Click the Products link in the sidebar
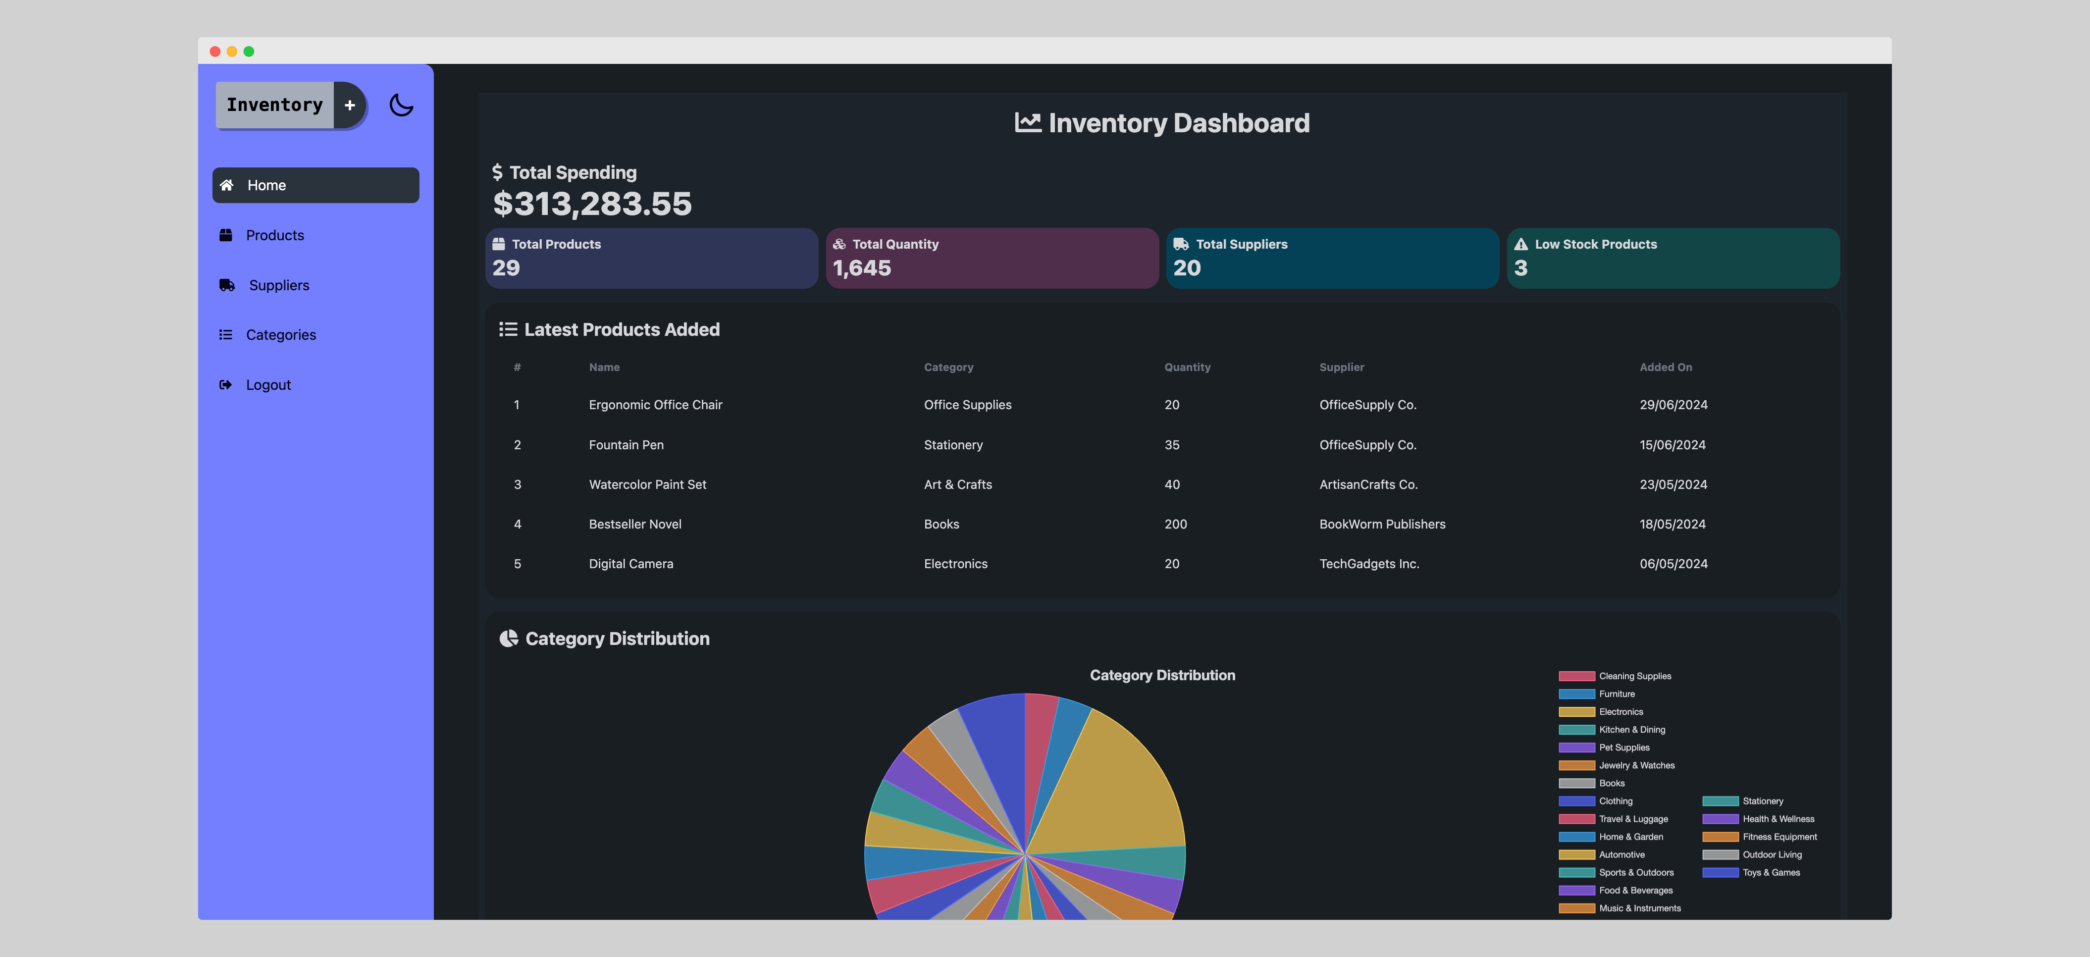[274, 235]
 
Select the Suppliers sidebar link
[278, 285]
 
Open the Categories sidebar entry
[281, 335]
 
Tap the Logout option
[268, 385]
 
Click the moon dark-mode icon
[401, 105]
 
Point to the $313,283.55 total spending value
[592, 204]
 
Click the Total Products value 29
[506, 268]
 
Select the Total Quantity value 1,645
[862, 268]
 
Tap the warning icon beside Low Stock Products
[1520, 244]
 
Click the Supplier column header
[1341, 368]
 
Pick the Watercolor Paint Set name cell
[647, 484]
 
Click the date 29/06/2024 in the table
[1673, 405]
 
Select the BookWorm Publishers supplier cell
[1382, 525]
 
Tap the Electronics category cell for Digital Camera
[955, 564]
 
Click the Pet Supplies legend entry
[1623, 747]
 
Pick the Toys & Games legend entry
[1771, 873]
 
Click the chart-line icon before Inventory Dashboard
[1027, 122]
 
